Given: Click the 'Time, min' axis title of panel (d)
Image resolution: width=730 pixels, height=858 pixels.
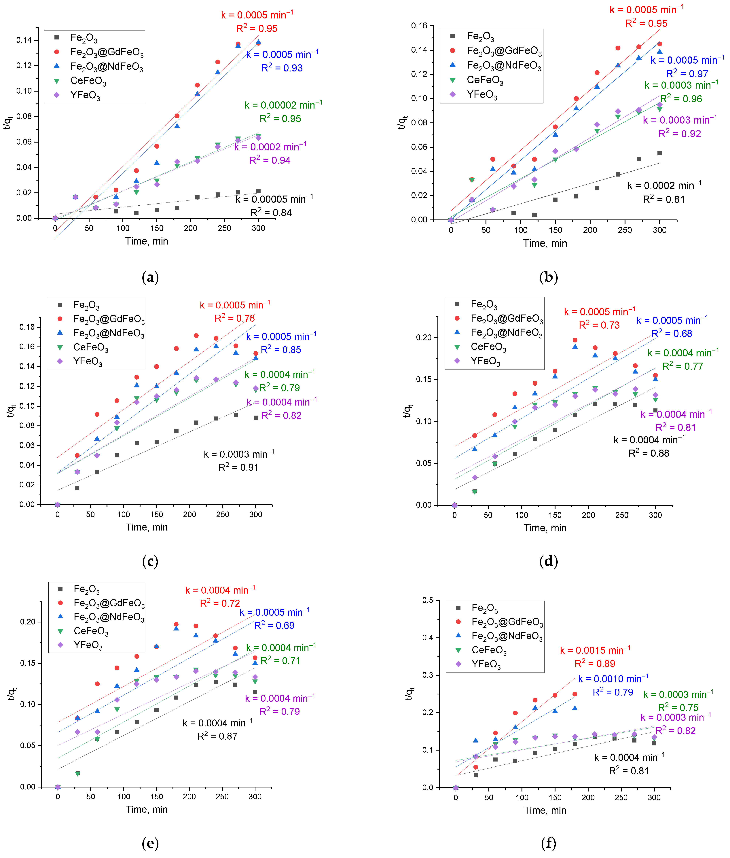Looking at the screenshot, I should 545,528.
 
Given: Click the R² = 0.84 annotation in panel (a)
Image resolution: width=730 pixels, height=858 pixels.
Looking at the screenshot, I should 271,213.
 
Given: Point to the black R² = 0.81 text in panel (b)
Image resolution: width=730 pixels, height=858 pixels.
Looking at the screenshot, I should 663,200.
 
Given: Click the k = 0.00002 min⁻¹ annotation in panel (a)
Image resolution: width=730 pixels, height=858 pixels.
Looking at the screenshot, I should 283,105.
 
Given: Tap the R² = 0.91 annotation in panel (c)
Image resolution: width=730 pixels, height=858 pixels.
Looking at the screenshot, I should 238,467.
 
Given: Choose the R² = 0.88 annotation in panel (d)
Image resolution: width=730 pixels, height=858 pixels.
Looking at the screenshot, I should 649,453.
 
